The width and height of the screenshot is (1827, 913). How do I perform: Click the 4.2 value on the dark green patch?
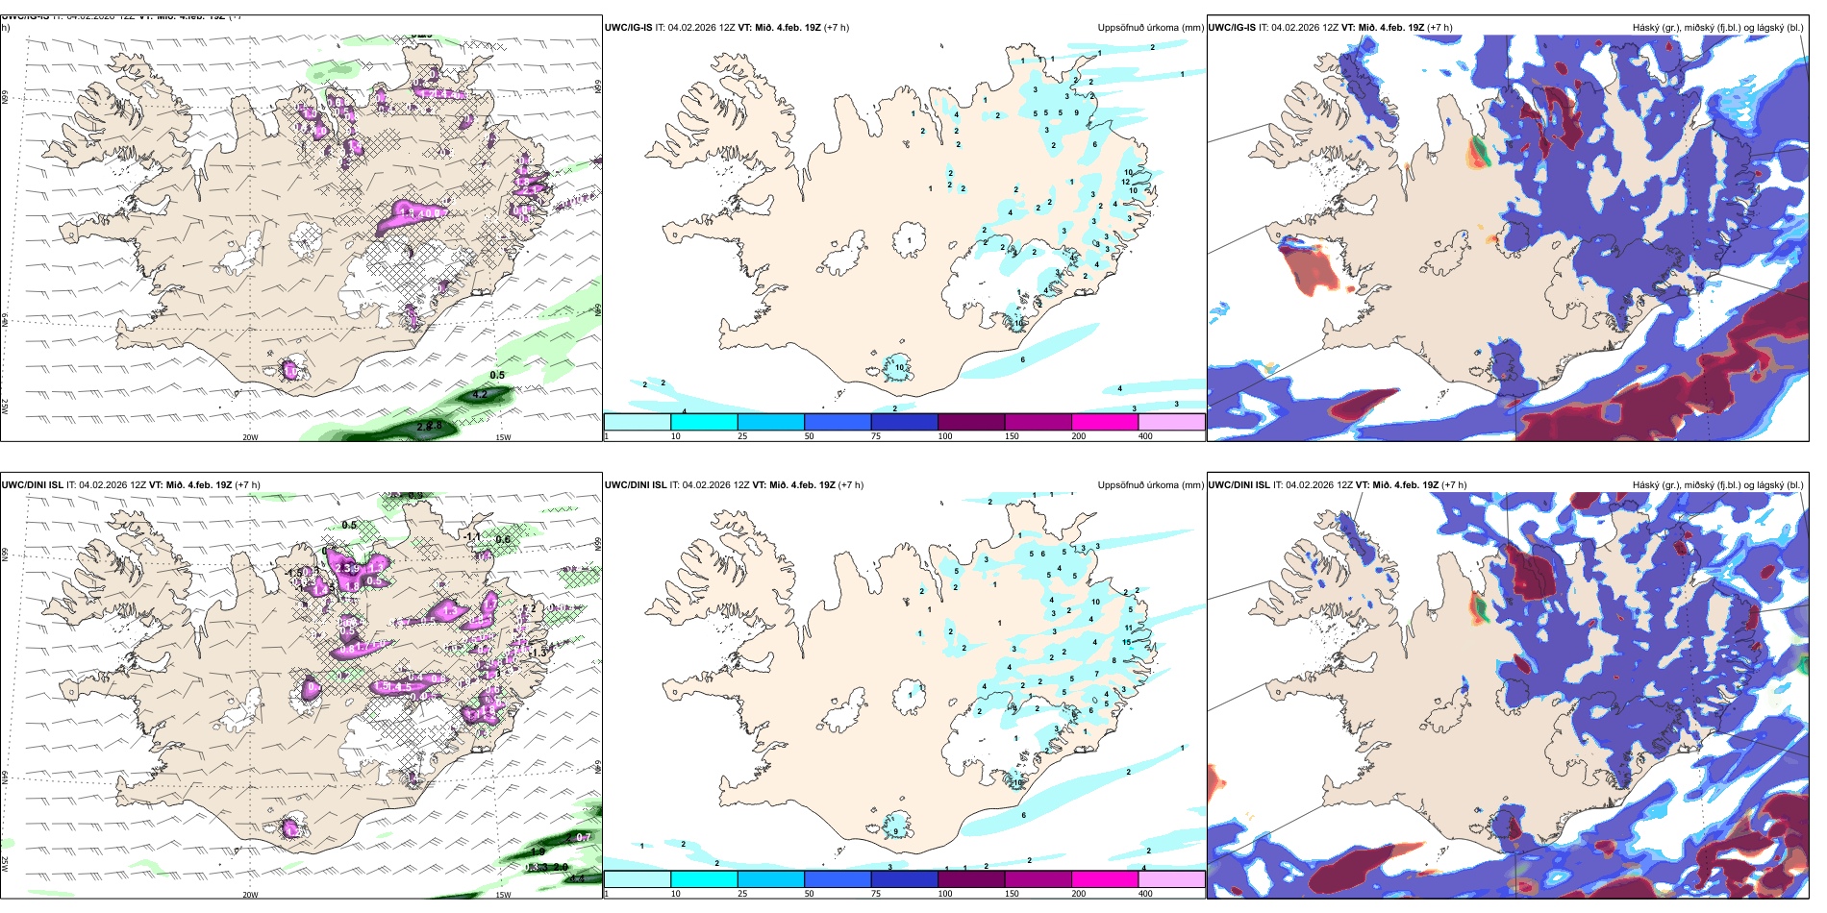tap(481, 394)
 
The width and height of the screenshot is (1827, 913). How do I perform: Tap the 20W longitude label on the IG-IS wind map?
tap(250, 437)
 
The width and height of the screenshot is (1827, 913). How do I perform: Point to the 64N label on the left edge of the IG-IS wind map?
tap(5, 320)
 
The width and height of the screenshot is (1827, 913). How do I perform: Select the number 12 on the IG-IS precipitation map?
tap(1126, 182)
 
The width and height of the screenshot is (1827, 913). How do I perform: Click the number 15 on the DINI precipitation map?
tap(1126, 642)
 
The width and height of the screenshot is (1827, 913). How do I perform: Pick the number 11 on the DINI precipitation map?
tap(1129, 629)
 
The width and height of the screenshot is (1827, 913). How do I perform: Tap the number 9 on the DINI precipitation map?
tap(896, 831)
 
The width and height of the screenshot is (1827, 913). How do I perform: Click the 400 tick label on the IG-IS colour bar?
tap(1145, 436)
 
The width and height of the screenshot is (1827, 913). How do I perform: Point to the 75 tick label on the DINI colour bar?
tap(876, 894)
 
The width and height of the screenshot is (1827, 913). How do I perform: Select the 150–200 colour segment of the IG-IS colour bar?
tap(1105, 422)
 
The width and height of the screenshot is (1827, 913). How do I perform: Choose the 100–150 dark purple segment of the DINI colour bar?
tap(971, 879)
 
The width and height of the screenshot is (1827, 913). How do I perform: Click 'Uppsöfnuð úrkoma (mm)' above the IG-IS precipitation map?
tap(1150, 28)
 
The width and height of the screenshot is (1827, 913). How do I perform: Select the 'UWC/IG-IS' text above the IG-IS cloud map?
tap(1231, 28)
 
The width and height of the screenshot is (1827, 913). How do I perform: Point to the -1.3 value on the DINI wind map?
tap(537, 653)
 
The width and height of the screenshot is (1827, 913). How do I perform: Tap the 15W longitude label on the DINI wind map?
tap(502, 895)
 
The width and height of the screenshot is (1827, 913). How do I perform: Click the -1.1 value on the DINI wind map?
tap(471, 536)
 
